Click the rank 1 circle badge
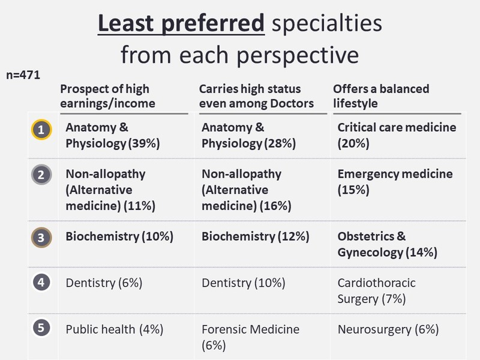(x=41, y=130)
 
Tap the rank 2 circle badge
(x=41, y=175)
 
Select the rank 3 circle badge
(x=41, y=237)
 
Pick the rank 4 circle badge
(x=41, y=282)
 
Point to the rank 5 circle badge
(x=41, y=328)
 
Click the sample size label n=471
(x=23, y=75)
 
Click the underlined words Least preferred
(x=181, y=23)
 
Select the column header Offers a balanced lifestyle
(x=381, y=96)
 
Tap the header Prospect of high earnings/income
(x=108, y=96)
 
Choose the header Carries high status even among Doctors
(x=257, y=96)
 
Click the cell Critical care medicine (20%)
(x=397, y=135)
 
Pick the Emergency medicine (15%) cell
(x=395, y=182)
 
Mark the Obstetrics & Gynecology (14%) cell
(x=387, y=244)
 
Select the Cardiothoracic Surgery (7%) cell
(x=377, y=291)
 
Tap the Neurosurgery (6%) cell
(x=388, y=329)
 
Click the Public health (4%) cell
(x=115, y=329)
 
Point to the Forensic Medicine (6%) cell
(x=250, y=337)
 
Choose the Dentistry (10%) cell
(x=244, y=283)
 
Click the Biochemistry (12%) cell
(x=256, y=236)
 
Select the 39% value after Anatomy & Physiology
(x=144, y=143)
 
